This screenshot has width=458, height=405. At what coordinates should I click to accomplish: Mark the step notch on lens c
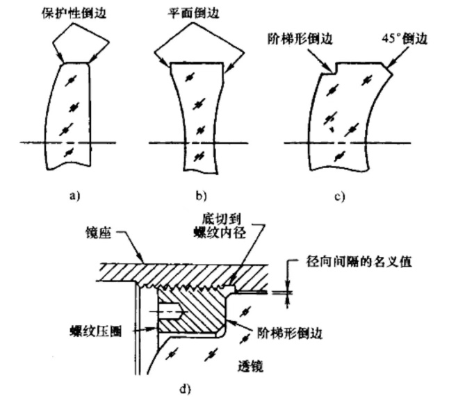click(x=332, y=69)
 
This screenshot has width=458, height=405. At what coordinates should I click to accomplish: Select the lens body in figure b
click(x=198, y=118)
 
